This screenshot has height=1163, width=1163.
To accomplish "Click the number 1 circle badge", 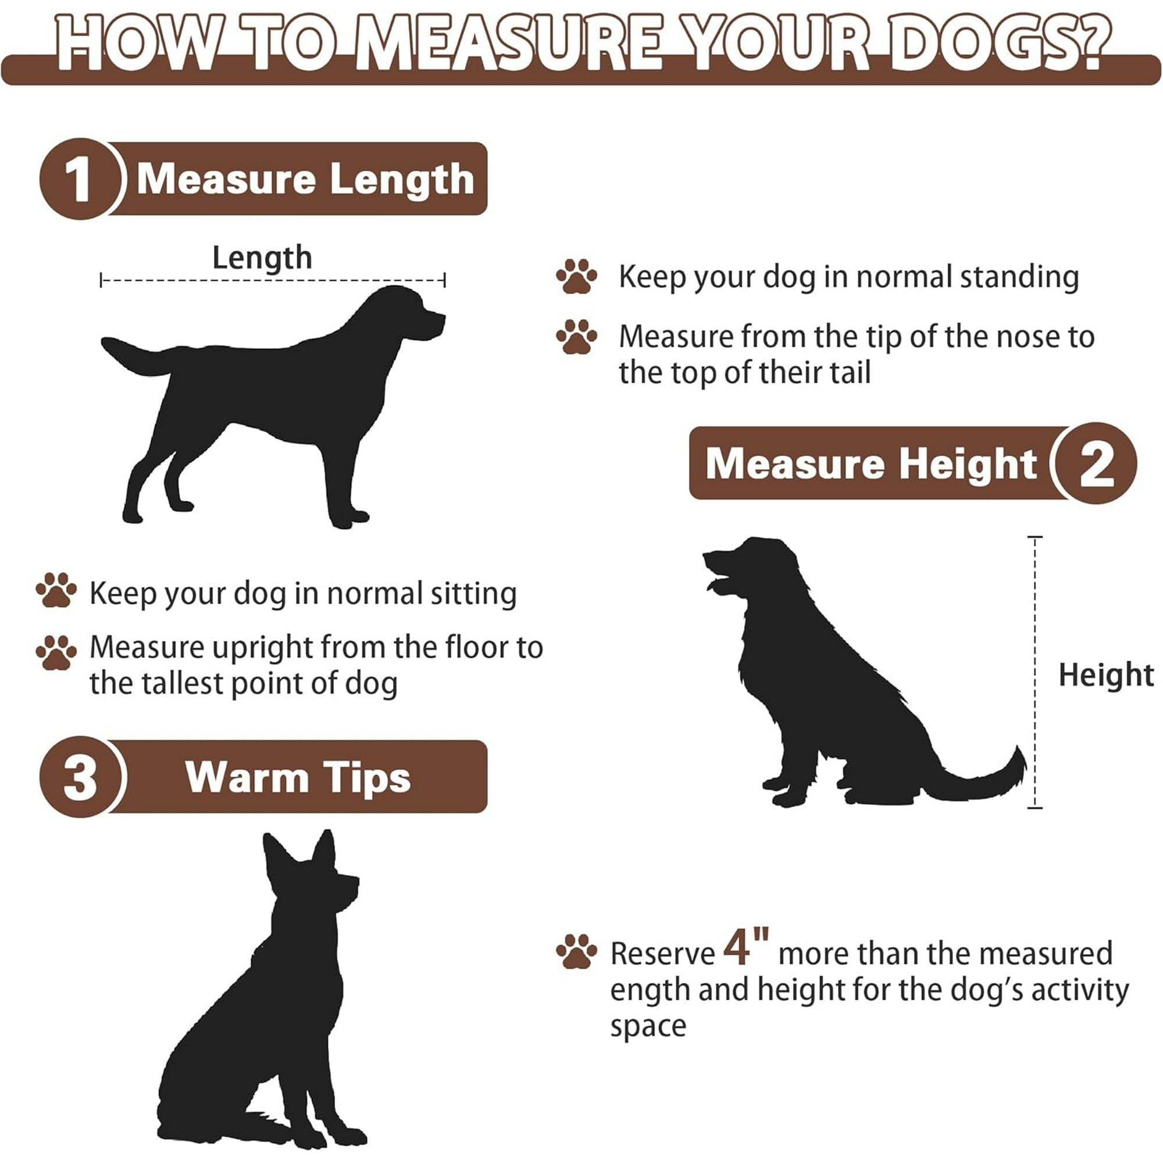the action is point(81,179).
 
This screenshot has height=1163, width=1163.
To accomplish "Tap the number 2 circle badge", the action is point(1095,463).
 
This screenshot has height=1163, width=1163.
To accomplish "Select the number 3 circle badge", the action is point(81,776).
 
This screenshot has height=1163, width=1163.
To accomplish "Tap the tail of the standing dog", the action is point(135,356).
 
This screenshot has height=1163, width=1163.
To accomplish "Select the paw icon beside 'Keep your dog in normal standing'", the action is point(576,276).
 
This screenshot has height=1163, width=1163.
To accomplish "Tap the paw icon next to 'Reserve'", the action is point(576,952).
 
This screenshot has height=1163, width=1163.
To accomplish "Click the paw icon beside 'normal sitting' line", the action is point(56,590).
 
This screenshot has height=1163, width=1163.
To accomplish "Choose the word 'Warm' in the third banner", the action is point(247,777).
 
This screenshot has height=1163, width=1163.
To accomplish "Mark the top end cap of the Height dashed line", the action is point(1035,536).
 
